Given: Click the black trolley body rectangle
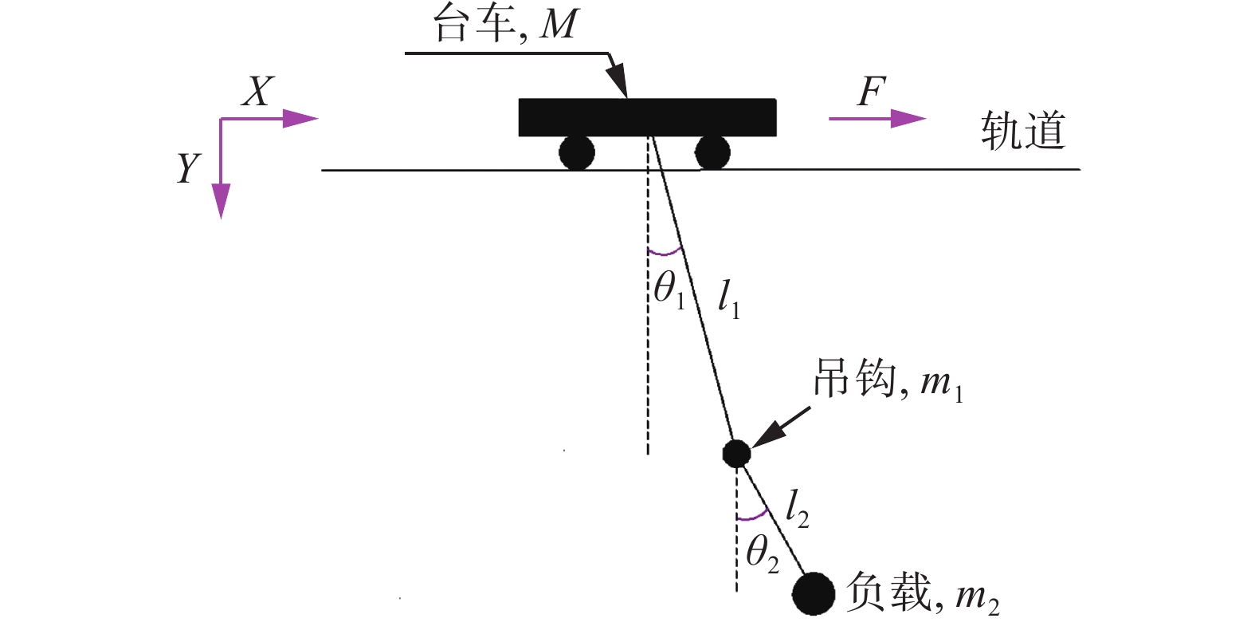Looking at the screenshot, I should pyautogui.click(x=647, y=117).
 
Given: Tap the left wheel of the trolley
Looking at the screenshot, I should pyautogui.click(x=576, y=152).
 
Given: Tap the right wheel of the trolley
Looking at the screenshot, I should pyautogui.click(x=712, y=152).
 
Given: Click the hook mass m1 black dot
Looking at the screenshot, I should pyautogui.click(x=736, y=453).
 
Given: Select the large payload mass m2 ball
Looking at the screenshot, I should pyautogui.click(x=813, y=594).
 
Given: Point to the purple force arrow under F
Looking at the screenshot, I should pyautogui.click(x=877, y=119).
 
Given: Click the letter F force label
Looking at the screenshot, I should pyautogui.click(x=872, y=92).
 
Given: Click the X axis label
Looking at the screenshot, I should pyautogui.click(x=257, y=92).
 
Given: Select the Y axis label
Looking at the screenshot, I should pyautogui.click(x=188, y=168).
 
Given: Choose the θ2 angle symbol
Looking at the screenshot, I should pyautogui.click(x=762, y=552).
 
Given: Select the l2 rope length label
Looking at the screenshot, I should pyautogui.click(x=797, y=508).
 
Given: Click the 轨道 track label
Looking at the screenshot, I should pyautogui.click(x=1022, y=130).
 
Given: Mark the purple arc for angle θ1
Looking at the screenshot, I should pyautogui.click(x=665, y=252).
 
